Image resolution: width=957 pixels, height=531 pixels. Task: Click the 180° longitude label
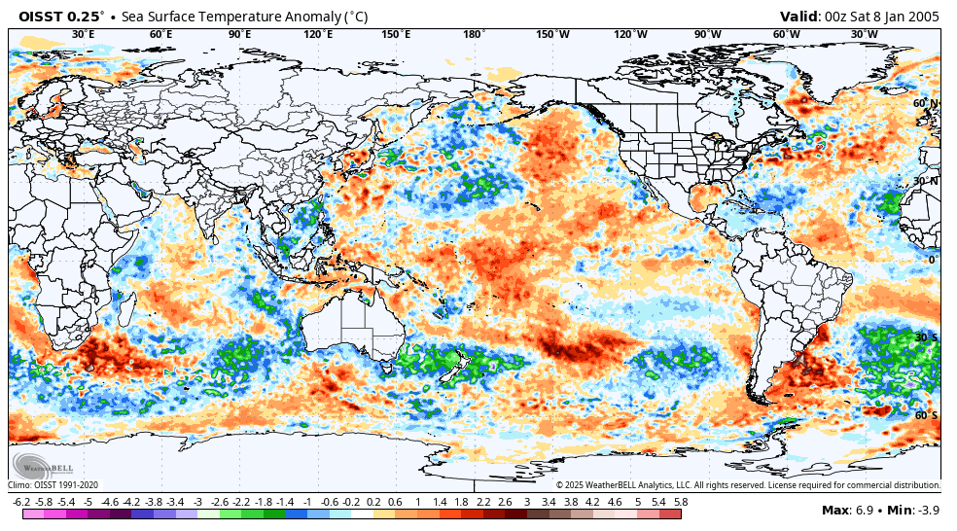[x=474, y=34]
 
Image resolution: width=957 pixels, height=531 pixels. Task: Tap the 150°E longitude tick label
[x=396, y=34]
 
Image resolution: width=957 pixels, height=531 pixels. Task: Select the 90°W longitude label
[x=708, y=34]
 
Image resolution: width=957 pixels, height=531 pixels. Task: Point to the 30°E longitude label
[x=84, y=34]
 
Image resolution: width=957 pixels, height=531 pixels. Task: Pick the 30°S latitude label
[x=926, y=337]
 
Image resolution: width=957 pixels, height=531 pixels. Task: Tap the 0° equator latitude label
[x=932, y=260]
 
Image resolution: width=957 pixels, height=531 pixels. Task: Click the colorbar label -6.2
[x=20, y=502]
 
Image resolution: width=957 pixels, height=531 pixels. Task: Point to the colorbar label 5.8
[x=680, y=502]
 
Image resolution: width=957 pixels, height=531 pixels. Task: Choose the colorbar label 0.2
[x=373, y=502]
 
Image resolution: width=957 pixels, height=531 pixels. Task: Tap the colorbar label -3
[x=196, y=502]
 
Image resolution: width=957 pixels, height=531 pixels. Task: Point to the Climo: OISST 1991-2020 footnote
[x=54, y=485]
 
